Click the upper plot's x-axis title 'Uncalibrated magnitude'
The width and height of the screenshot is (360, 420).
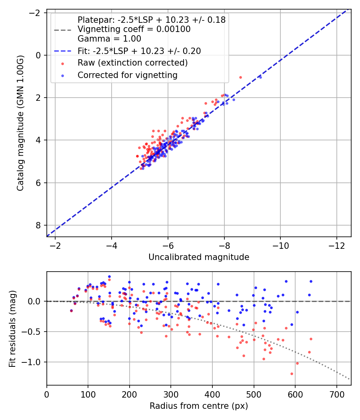(199, 257)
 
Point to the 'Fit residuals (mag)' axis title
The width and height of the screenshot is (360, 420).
(12, 328)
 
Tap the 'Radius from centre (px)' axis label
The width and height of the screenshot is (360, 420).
(199, 406)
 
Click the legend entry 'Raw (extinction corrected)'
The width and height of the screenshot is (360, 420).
(132, 63)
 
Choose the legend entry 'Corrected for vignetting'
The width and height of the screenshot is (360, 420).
(127, 75)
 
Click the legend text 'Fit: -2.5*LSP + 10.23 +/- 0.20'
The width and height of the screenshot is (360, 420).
(139, 51)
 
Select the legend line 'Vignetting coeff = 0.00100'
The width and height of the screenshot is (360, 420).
(134, 29)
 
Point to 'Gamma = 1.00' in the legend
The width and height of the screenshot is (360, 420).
(109, 39)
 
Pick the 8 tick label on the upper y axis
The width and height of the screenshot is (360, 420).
(39, 226)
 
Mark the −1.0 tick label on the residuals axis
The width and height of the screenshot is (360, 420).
(34, 362)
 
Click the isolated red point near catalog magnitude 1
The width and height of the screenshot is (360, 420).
(240, 77)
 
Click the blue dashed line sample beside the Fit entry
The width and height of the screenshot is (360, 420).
(63, 51)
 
